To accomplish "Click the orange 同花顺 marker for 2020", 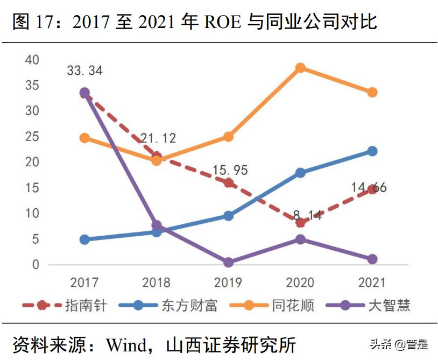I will coord(300,68).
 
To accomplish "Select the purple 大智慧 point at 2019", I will coord(228,262).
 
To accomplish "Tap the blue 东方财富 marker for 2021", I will coord(372,151).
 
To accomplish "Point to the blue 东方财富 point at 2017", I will coord(84,239).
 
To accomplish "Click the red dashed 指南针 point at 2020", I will coord(300,222).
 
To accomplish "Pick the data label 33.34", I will coord(84,70).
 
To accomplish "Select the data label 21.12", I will coord(158,138).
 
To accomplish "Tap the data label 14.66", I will coord(369,188).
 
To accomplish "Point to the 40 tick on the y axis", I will coord(32,60).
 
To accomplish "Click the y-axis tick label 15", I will coord(32,188).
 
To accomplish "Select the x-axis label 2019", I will coord(228,283).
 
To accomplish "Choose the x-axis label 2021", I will coord(372,283).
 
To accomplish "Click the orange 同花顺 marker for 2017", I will coord(84,138).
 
